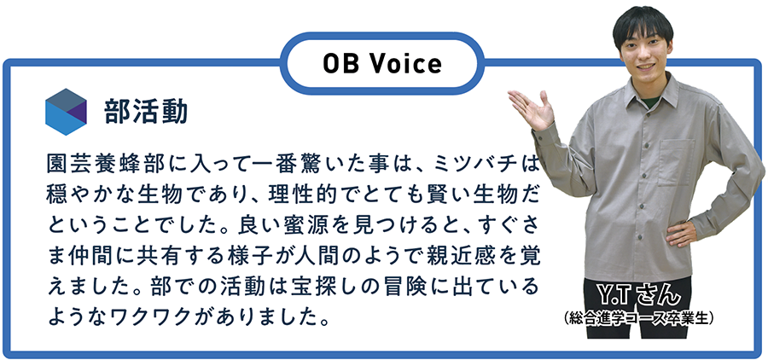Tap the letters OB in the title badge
coord(340,64)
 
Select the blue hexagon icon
coord(66,112)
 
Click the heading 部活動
coord(146,113)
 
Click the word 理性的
coord(299,196)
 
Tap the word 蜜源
coord(299,227)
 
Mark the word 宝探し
coord(338,288)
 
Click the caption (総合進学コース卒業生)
coord(638,318)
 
